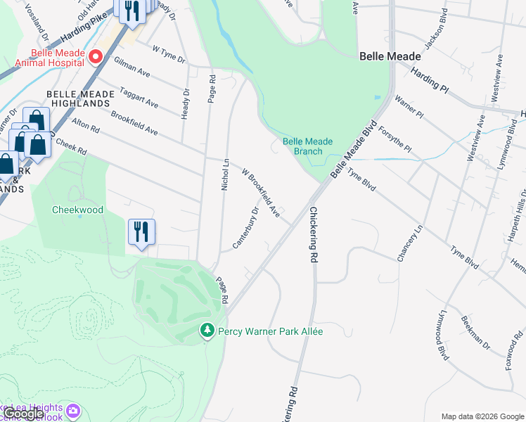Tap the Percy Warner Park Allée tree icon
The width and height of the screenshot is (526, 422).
207,331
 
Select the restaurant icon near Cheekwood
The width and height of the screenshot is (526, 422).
141,232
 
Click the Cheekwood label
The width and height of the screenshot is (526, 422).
77,210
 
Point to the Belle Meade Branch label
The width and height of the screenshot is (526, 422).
307,146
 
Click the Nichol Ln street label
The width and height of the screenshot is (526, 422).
226,174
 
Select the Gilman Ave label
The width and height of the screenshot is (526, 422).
133,68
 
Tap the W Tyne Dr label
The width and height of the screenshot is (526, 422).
167,53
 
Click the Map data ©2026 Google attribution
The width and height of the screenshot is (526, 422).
482,416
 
